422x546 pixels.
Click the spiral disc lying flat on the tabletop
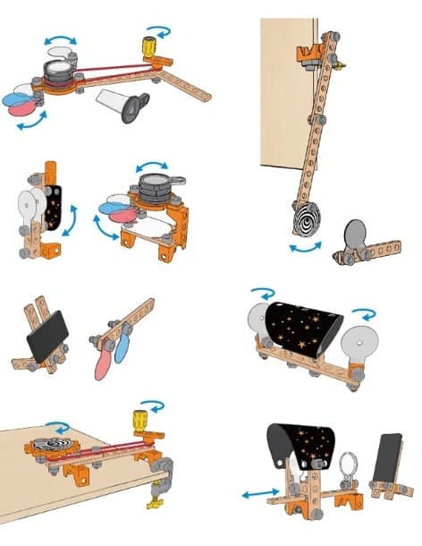coord(46,445)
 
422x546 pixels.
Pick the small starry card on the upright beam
coord(55,209)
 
